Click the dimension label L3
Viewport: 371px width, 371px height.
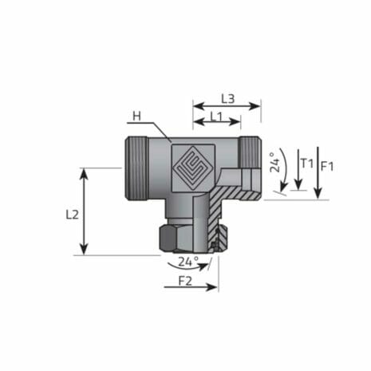(x=226, y=98)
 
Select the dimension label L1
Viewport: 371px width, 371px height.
(x=214, y=116)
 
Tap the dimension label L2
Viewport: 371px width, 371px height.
(x=71, y=215)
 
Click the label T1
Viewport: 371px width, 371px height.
(x=306, y=164)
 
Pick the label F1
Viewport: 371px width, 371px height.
(x=327, y=166)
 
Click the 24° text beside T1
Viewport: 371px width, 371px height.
(x=273, y=164)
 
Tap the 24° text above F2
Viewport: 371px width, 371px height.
(x=187, y=261)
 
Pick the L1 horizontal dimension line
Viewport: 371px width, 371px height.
(x=216, y=124)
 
